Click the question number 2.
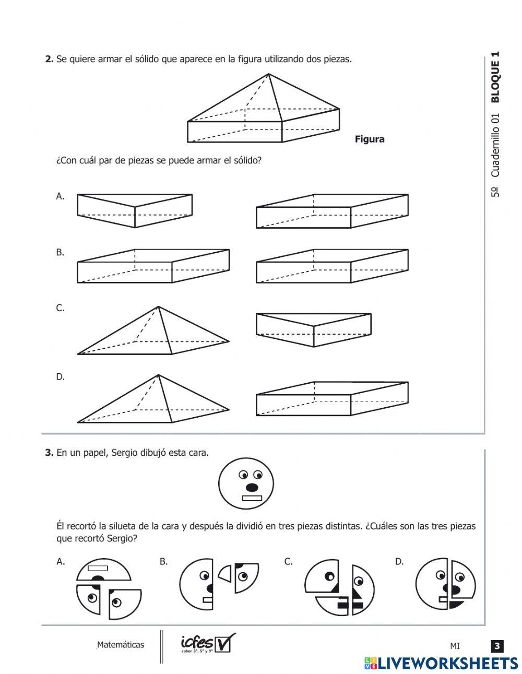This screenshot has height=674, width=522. (49, 60)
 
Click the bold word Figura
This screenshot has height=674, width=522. (369, 139)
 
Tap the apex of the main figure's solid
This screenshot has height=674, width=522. (269, 74)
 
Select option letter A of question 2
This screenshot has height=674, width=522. (60, 196)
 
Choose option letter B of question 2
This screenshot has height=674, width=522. (60, 252)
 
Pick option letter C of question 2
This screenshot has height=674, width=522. (60, 308)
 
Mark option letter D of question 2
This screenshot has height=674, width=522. (60, 376)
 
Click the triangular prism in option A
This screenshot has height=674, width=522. (135, 210)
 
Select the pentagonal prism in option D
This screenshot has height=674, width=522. (332, 399)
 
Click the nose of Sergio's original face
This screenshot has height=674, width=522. (252, 487)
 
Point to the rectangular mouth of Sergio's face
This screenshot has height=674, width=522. (252, 498)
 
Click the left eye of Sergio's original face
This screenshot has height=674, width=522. (243, 475)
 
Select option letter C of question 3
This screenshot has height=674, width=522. (288, 562)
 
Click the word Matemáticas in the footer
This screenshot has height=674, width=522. (121, 645)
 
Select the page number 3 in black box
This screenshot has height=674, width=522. (497, 646)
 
